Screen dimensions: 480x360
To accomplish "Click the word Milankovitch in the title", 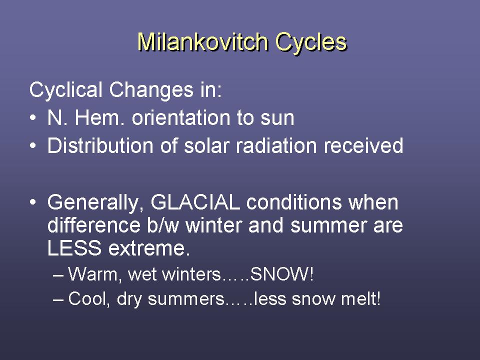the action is tap(203, 41).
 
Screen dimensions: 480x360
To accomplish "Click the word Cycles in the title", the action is tap(311, 42).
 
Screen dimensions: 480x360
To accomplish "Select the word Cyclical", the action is tap(65, 90).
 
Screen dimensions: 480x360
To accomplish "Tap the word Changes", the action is tap(151, 90).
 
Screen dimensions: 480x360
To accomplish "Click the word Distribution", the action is tap(100, 145).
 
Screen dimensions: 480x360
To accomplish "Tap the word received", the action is tap(363, 145).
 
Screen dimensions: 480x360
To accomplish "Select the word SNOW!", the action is tap(281, 274).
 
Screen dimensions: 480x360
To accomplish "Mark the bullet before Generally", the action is tap(33, 202).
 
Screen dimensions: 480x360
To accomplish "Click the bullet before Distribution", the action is tap(33, 145).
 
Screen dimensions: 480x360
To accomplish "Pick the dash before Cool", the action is tap(58, 299).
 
